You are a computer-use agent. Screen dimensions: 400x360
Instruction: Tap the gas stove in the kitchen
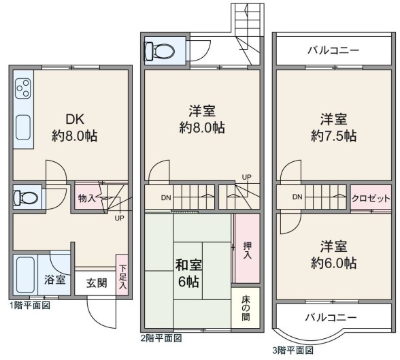23,88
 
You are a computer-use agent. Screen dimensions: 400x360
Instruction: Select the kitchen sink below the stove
23,127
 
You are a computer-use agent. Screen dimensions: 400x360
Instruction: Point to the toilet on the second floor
159,51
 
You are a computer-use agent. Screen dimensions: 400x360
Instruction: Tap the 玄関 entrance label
97,283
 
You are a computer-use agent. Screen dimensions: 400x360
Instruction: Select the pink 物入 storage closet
88,197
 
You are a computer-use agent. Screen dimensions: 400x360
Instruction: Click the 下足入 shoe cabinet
122,275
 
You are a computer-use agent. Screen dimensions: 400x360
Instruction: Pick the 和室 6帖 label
188,274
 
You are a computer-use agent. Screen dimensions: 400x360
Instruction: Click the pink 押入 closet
247,248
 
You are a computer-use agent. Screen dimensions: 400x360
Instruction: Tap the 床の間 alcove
246,308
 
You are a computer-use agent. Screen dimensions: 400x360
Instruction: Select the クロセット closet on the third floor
371,198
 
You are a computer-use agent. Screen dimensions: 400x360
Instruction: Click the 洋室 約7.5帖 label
333,128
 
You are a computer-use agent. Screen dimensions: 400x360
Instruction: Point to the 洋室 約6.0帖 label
333,255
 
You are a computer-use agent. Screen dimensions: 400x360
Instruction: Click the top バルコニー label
333,50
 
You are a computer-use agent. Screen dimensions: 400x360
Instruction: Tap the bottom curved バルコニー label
331,317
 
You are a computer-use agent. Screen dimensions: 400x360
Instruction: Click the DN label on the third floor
297,197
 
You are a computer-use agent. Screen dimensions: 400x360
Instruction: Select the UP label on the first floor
119,218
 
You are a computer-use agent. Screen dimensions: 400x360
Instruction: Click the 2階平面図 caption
161,338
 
